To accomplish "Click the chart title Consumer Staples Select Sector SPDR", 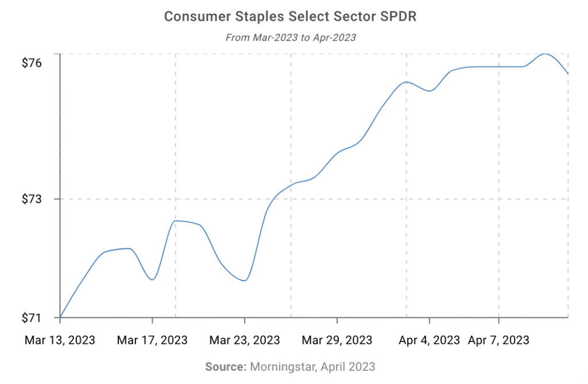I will [x=290, y=16].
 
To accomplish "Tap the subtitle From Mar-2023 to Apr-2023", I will [x=290, y=38].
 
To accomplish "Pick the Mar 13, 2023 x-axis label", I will [x=60, y=340].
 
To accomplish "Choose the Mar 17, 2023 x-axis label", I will [x=152, y=340].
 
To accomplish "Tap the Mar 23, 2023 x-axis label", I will [x=245, y=340].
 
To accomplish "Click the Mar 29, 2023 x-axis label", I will [x=337, y=340].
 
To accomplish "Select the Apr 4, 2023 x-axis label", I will [x=430, y=340].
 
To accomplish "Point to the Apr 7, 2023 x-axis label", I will [x=498, y=340].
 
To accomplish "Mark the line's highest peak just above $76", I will [x=545, y=54].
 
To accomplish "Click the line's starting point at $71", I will [x=60, y=317].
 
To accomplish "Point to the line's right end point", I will [x=568, y=74].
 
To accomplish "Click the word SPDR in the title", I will [x=397, y=16].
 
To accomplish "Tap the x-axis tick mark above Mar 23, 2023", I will [x=245, y=320].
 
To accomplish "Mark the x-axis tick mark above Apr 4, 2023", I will [x=430, y=320].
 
